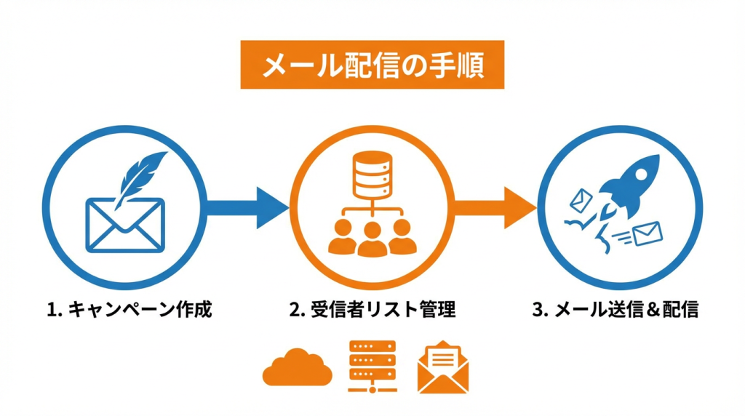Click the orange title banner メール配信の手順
(x=372, y=65)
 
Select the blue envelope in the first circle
(x=125, y=225)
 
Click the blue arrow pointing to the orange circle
(x=244, y=207)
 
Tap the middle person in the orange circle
(x=372, y=240)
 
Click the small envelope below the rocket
(x=648, y=234)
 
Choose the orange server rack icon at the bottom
(x=372, y=366)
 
